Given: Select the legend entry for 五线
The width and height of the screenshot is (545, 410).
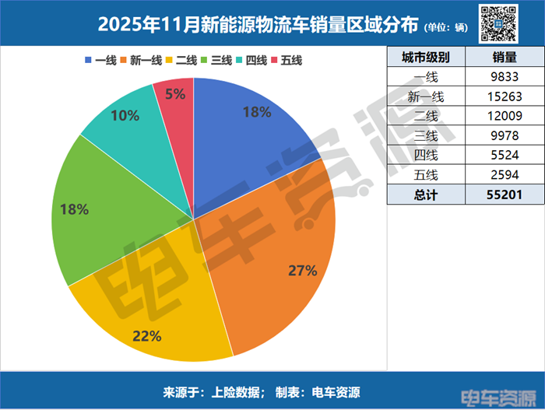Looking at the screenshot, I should tap(287, 60).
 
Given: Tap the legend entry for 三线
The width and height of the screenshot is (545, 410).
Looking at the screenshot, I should tap(215, 60).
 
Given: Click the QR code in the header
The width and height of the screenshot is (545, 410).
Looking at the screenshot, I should tap(498, 23).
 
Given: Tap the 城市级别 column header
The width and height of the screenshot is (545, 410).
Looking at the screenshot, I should tap(427, 58).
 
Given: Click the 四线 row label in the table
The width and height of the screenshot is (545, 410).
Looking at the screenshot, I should tap(427, 155).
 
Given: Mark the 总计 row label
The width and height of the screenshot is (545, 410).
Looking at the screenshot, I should tap(427, 194).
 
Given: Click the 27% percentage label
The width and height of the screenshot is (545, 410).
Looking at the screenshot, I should tap(302, 271).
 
